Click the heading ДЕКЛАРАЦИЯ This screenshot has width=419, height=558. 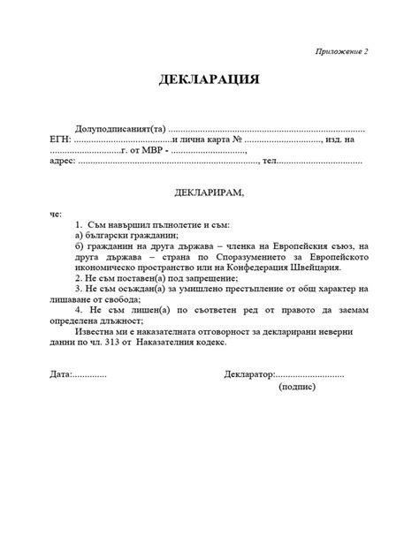[x=209, y=79]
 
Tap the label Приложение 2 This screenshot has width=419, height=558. [x=340, y=52]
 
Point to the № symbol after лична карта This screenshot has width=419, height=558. [x=237, y=139]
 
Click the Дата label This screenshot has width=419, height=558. [x=61, y=374]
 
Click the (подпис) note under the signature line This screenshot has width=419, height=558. [x=301, y=388]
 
